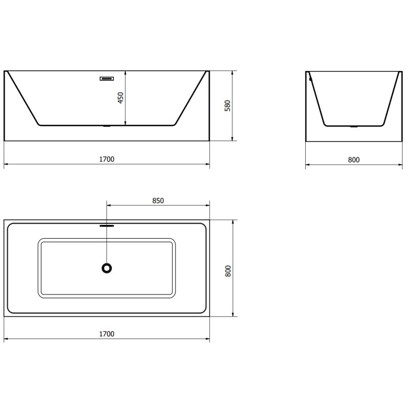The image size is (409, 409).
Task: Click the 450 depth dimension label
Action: (x=121, y=98)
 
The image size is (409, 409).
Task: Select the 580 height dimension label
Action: (x=229, y=105)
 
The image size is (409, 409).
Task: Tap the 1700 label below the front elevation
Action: (x=107, y=159)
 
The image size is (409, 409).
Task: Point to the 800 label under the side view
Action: (x=353, y=160)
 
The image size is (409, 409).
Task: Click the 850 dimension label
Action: (x=157, y=200)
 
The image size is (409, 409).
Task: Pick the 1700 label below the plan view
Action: (x=107, y=334)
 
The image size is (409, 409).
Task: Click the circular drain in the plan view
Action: (x=107, y=267)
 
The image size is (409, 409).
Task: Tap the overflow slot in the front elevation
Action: (x=107, y=79)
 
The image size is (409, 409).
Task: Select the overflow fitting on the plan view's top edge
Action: (x=107, y=223)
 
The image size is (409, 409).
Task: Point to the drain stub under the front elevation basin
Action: (x=107, y=126)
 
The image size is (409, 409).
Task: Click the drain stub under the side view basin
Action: (x=353, y=126)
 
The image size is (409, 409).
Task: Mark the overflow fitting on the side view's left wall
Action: (x=309, y=78)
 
